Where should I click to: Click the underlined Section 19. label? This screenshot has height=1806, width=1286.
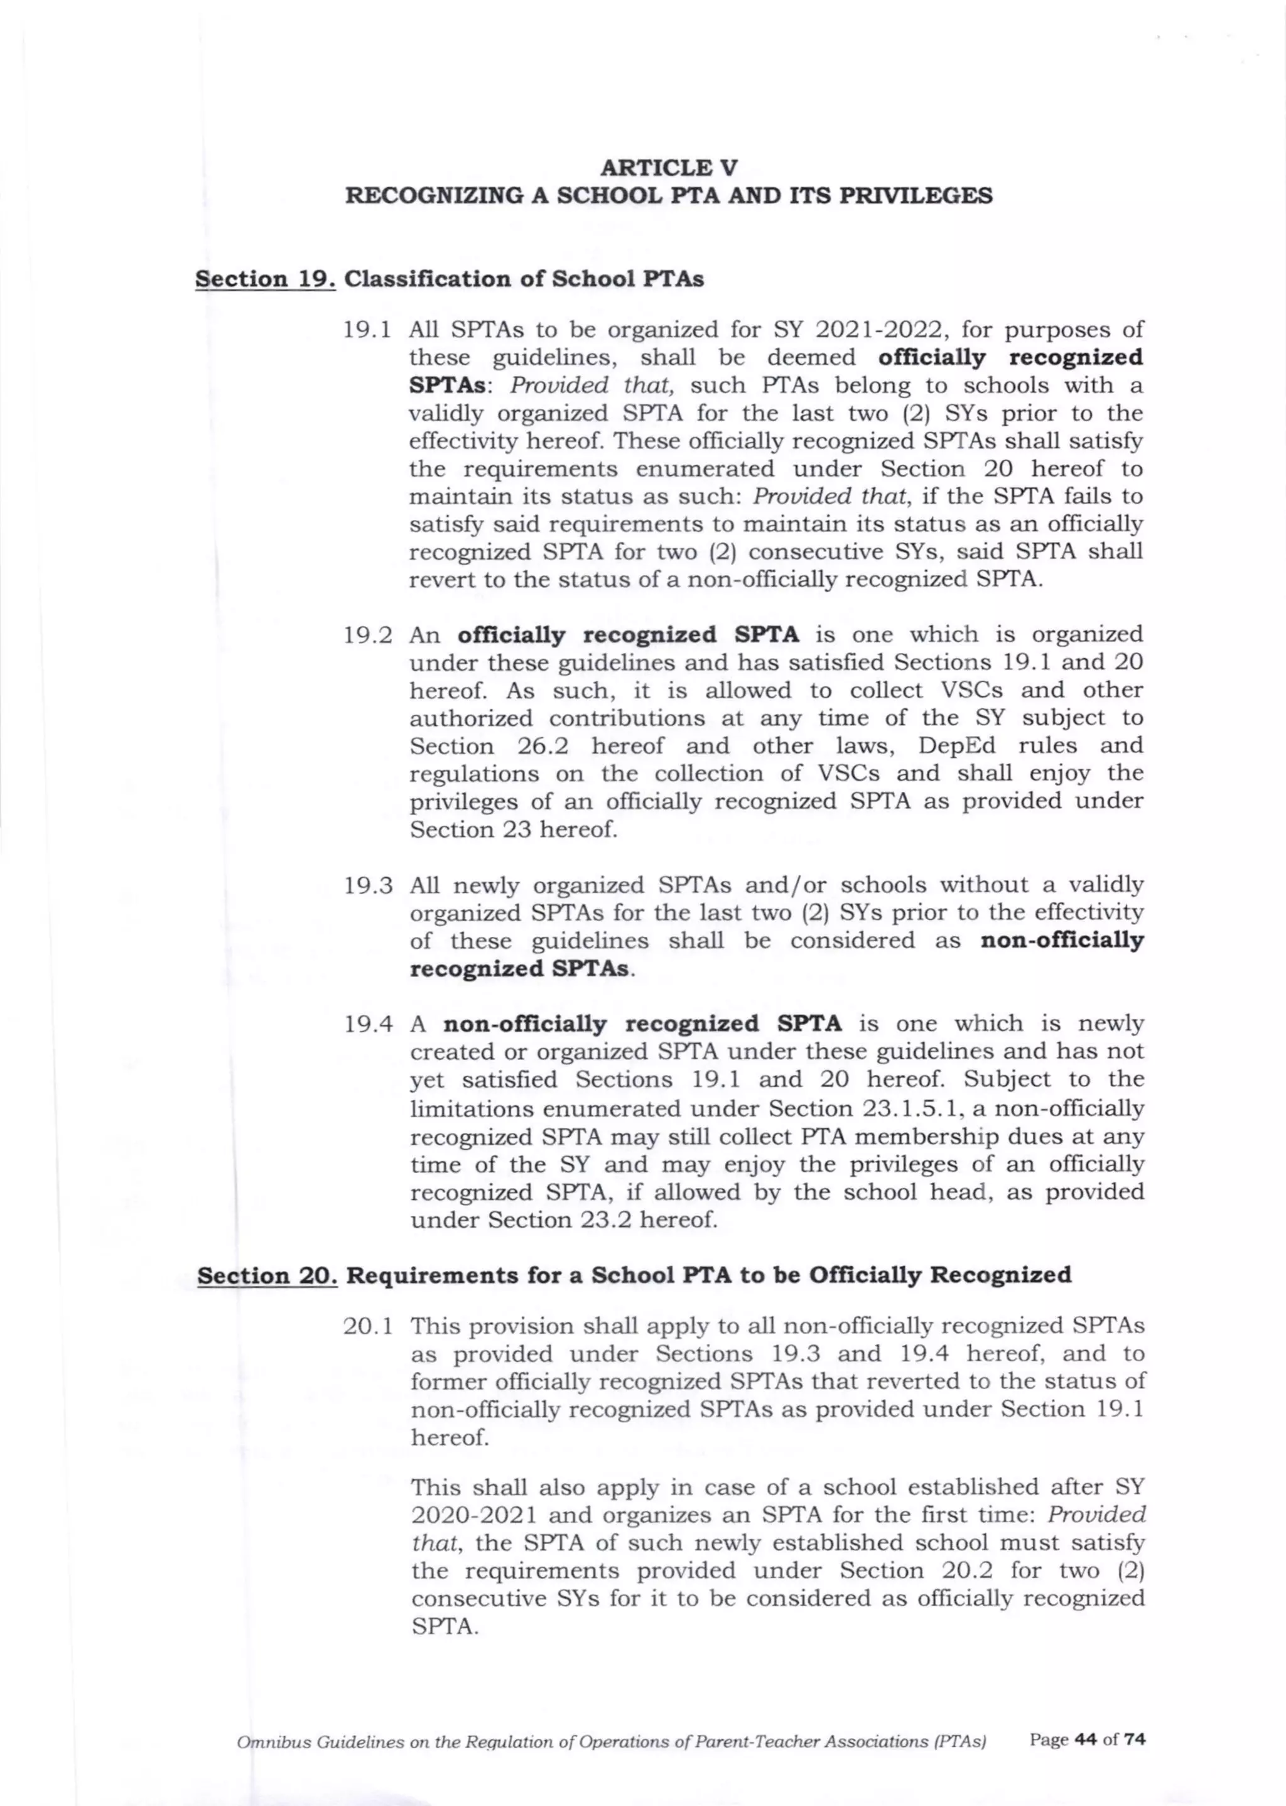(265, 279)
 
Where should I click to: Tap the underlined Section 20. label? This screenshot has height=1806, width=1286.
(267, 1275)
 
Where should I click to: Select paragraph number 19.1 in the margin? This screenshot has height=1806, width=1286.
(368, 330)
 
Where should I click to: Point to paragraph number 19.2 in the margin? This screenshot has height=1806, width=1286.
(368, 635)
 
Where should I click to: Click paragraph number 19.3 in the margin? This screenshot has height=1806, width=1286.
(368, 885)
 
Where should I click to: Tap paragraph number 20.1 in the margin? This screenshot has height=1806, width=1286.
(368, 1326)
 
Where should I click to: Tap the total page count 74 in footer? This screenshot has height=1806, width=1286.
(1135, 1739)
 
